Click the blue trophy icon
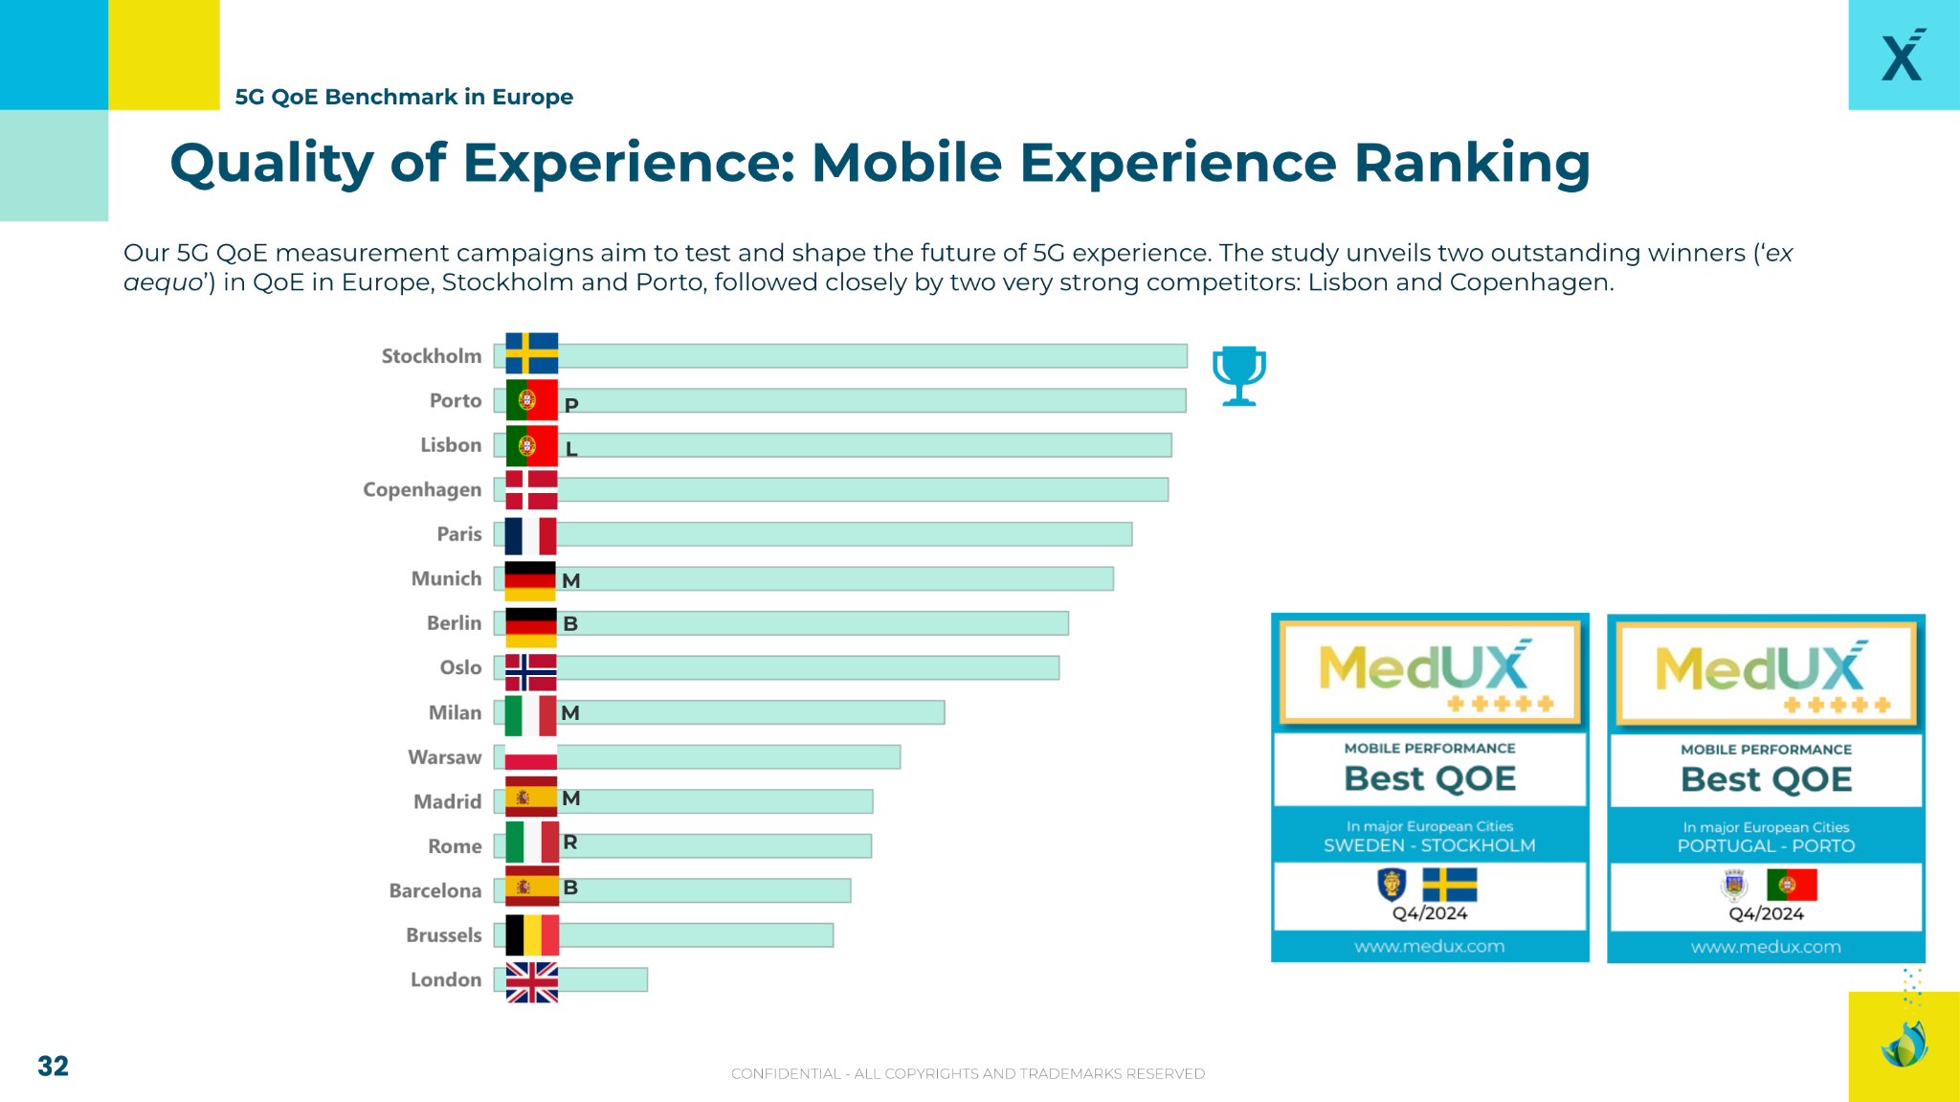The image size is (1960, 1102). point(1239,375)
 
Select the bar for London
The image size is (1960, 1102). point(603,979)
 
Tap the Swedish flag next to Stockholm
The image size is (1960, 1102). point(531,353)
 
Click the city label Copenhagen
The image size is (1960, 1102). point(422,490)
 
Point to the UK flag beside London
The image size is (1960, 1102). point(531,981)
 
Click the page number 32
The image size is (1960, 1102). point(53,1067)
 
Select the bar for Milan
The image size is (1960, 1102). point(756,712)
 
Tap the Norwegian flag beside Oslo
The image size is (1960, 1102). point(530,672)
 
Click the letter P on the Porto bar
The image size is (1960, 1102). point(571,405)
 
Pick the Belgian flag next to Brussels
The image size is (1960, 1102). point(531,935)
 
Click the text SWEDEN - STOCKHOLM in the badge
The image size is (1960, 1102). point(1429,845)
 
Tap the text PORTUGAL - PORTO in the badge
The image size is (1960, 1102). point(1766,846)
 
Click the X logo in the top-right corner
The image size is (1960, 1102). point(1903,56)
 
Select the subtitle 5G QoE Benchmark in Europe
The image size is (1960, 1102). point(404,97)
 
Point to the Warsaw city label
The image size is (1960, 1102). point(444,757)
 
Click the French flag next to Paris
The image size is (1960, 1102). point(530,535)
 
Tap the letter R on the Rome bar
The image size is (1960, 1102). point(570,843)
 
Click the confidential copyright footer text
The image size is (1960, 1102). point(968,1073)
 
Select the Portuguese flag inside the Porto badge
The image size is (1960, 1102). point(1792,885)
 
